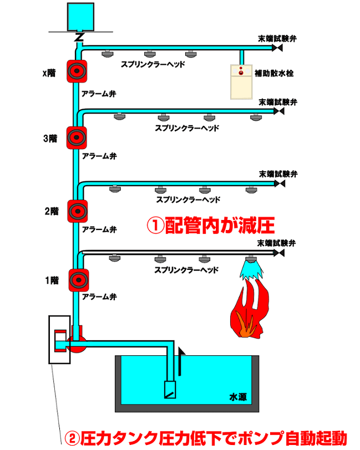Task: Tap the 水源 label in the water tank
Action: [x=237, y=397]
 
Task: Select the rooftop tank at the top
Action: [x=80, y=17]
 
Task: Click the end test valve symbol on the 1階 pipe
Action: [x=279, y=252]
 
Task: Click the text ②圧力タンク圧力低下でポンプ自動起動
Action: [x=206, y=438]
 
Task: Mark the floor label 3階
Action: [x=50, y=139]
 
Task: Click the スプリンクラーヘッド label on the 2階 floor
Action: [x=188, y=200]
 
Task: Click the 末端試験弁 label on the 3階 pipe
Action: [x=278, y=103]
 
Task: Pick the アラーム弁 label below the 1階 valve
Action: [x=98, y=297]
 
